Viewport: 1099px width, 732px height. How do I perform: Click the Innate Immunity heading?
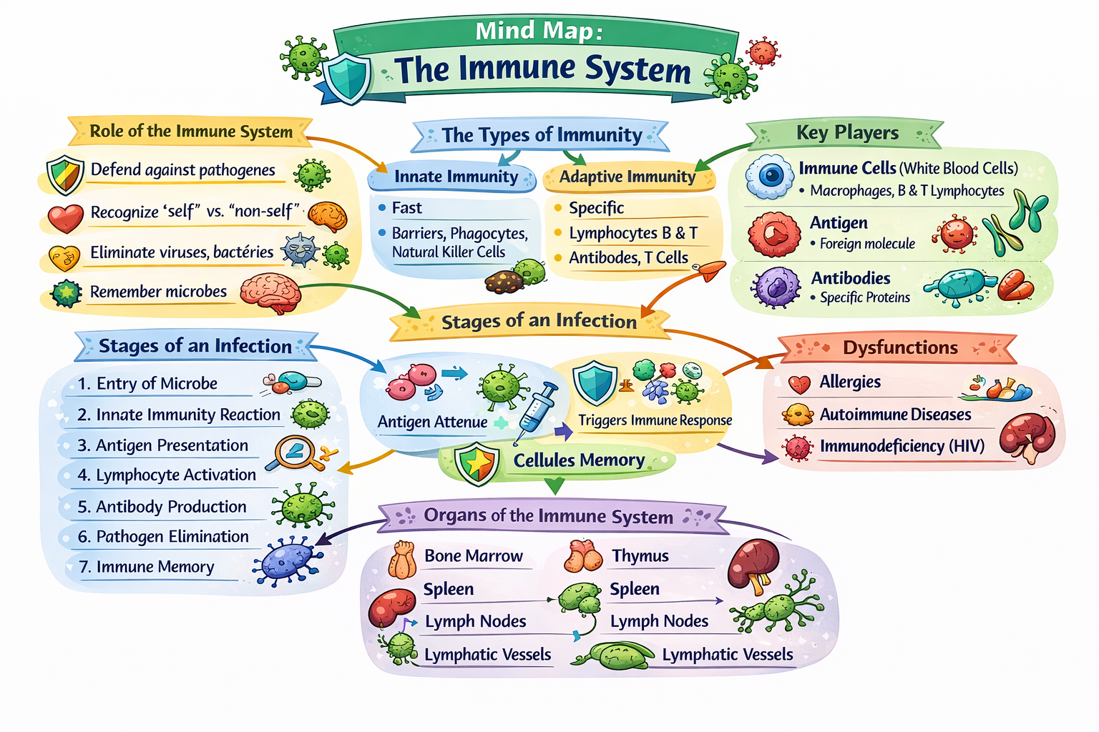(x=456, y=177)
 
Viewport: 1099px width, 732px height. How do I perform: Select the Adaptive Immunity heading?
(x=627, y=177)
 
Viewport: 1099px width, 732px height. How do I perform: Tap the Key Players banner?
(x=847, y=133)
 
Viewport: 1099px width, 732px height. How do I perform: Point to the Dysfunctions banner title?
(x=899, y=347)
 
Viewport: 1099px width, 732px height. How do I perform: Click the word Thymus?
(x=640, y=556)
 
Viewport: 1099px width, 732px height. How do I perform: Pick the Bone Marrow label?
(x=473, y=556)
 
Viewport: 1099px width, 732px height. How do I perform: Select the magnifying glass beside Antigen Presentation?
(x=295, y=452)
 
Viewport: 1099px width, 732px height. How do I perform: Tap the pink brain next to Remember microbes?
(x=270, y=292)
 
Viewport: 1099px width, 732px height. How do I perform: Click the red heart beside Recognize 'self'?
(x=65, y=218)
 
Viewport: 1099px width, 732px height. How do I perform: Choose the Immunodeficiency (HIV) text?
(x=902, y=446)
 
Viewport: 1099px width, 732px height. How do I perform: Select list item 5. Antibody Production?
(x=162, y=507)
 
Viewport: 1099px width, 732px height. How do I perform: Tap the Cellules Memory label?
(x=579, y=460)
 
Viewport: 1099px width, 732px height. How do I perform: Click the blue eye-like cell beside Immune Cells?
(x=770, y=176)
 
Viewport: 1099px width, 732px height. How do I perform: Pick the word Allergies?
(x=849, y=382)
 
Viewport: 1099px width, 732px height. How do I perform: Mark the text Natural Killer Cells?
(x=448, y=252)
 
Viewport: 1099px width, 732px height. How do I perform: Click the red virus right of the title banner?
(x=762, y=52)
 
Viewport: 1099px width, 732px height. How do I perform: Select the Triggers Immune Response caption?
(x=655, y=420)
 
